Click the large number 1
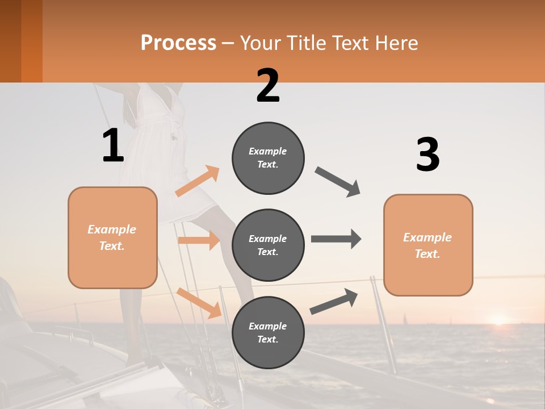click(113, 145)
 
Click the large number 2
click(268, 86)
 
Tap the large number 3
click(427, 155)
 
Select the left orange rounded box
click(112, 237)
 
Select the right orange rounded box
click(428, 245)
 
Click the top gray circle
click(268, 158)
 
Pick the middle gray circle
click(268, 245)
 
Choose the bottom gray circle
click(268, 333)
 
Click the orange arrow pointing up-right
click(198, 181)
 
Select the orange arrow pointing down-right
click(199, 303)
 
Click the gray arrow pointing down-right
click(338, 182)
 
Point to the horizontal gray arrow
click(336, 239)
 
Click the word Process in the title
click(178, 43)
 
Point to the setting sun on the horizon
click(498, 320)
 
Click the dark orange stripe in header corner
click(32, 41)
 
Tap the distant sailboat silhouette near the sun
click(404, 319)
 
